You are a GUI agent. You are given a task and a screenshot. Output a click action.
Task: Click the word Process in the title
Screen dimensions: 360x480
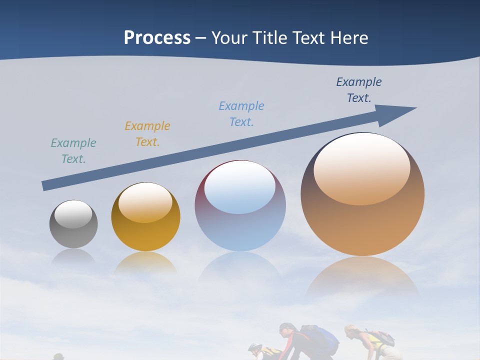coord(157,38)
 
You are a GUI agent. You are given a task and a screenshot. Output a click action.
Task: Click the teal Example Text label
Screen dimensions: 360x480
coord(73,151)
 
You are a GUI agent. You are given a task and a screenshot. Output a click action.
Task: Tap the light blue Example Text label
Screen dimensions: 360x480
coord(241,114)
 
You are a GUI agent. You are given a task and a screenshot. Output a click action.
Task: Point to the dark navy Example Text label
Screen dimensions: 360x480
coord(358,90)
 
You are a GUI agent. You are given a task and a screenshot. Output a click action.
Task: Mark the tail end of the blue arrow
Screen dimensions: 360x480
coord(46,185)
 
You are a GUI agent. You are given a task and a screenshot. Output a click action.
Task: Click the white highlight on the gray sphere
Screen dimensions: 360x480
coord(73,214)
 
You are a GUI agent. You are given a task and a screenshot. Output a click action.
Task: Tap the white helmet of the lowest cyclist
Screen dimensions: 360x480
coord(254,346)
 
